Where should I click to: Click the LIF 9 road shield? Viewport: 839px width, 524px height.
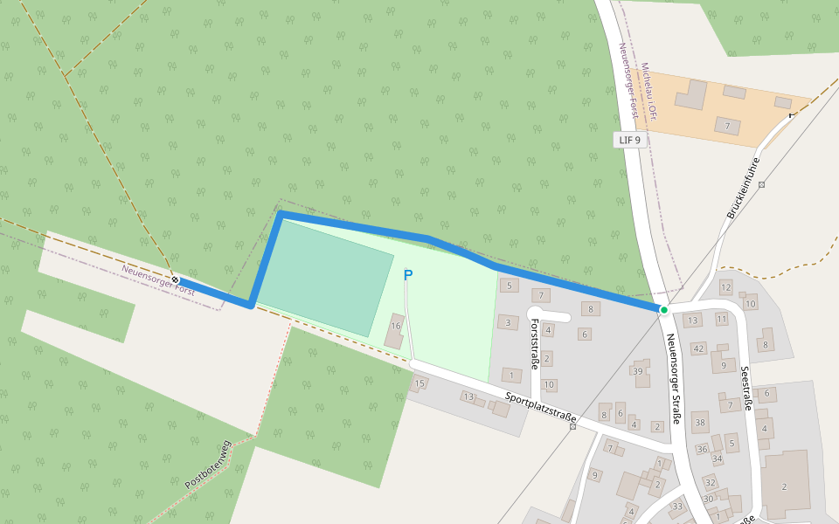pyautogui.click(x=629, y=140)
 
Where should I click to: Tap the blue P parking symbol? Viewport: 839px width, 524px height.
pyautogui.click(x=407, y=275)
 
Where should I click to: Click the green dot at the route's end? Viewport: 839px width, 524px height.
pyautogui.click(x=663, y=310)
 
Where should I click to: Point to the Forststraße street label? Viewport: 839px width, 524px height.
pyautogui.click(x=535, y=343)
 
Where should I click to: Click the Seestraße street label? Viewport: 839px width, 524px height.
pyautogui.click(x=747, y=388)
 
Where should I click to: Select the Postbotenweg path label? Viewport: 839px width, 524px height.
pyautogui.click(x=207, y=464)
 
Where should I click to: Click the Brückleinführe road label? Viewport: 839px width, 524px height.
pyautogui.click(x=744, y=188)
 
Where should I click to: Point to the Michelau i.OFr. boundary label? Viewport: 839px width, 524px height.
pyautogui.click(x=648, y=91)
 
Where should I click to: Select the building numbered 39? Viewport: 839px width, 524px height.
pyautogui.click(x=639, y=371)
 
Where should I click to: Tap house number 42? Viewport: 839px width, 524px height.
pyautogui.click(x=697, y=348)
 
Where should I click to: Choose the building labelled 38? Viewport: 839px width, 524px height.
pyautogui.click(x=700, y=423)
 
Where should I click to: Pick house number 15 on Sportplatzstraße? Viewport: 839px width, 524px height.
pyautogui.click(x=419, y=383)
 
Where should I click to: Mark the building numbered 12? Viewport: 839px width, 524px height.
pyautogui.click(x=725, y=286)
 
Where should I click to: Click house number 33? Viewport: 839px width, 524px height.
pyautogui.click(x=676, y=506)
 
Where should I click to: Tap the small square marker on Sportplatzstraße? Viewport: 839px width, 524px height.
pyautogui.click(x=573, y=426)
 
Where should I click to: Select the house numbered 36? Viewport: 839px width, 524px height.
pyautogui.click(x=702, y=449)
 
